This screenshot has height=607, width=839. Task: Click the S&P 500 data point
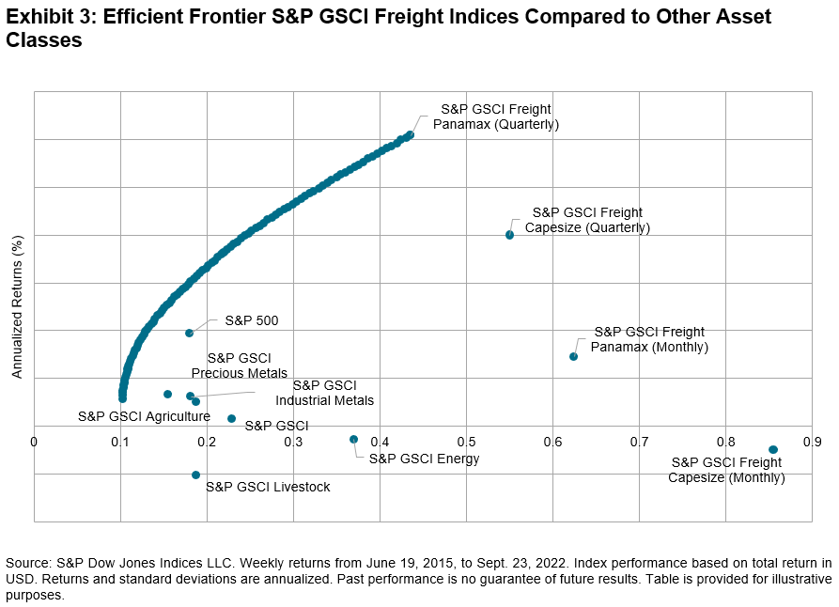point(189,333)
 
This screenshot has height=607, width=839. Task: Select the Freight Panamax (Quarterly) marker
point(410,135)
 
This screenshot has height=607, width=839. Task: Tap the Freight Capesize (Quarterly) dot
point(510,235)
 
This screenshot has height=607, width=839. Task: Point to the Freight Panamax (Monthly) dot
point(573,356)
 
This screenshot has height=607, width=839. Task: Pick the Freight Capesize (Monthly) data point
point(772,450)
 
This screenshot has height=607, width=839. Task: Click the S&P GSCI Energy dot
point(353,439)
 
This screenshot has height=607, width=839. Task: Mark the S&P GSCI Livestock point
point(195,475)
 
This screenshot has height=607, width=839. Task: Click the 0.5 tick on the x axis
point(466,441)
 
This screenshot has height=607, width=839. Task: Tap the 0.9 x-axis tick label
point(812,441)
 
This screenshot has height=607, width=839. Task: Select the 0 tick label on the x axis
point(34,441)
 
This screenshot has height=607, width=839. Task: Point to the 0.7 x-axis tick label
point(639,441)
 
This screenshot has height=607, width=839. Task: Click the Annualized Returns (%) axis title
point(17,306)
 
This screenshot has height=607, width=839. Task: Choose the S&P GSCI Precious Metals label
point(239,366)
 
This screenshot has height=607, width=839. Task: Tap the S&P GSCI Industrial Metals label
point(324,393)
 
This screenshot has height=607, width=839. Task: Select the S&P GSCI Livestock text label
point(268,487)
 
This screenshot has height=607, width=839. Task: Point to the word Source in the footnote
point(27,562)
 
